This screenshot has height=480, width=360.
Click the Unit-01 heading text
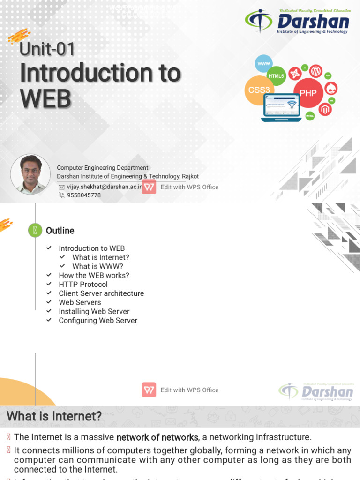47,49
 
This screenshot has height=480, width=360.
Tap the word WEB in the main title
45,98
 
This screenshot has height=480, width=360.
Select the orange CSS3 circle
259,90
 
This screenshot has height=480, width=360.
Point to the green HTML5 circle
276,76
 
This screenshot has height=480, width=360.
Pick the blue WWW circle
264,63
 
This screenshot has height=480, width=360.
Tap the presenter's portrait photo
30,174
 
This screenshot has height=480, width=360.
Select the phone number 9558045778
83,195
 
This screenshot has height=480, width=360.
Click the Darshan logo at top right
297,21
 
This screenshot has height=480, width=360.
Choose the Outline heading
60,231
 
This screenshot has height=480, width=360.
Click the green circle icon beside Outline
35,230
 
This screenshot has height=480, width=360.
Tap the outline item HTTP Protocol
83,285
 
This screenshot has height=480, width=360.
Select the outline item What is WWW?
97,266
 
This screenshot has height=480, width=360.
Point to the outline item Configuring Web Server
98,321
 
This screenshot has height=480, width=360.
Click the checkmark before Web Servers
49,302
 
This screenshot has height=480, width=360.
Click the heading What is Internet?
54,416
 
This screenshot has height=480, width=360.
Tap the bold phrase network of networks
157,437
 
